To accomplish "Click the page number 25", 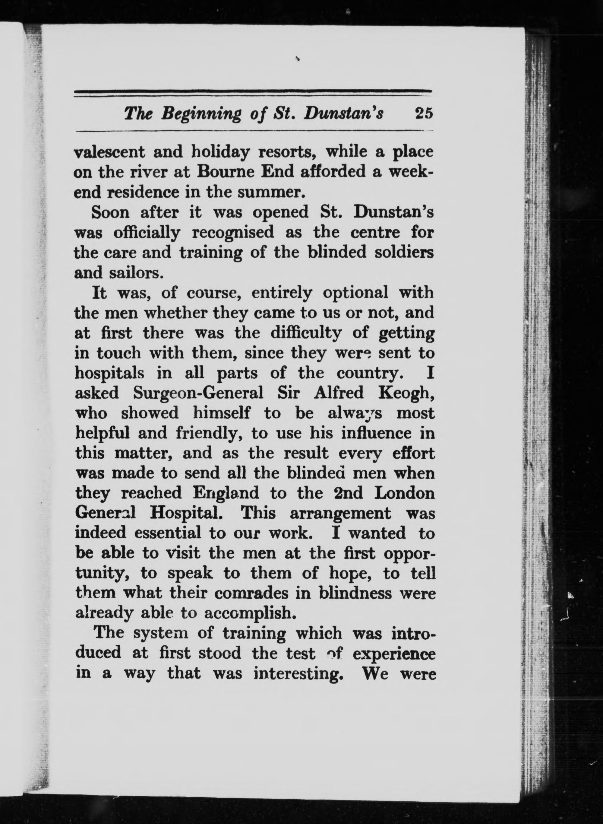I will [x=423, y=113].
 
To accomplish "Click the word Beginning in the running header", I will [x=201, y=114].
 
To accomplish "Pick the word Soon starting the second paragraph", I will [x=110, y=212].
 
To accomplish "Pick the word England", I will [x=225, y=494].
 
